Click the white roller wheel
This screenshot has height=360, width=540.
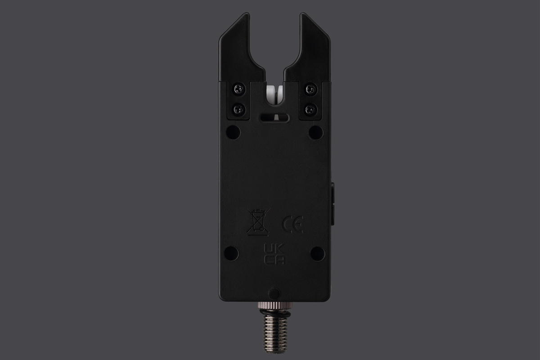coord(274,96)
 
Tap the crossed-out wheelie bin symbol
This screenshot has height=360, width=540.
coord(258,222)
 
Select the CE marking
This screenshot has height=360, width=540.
coord(292,225)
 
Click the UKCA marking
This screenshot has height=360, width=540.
coord(274,254)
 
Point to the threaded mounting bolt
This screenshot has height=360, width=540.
coord(274,335)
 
